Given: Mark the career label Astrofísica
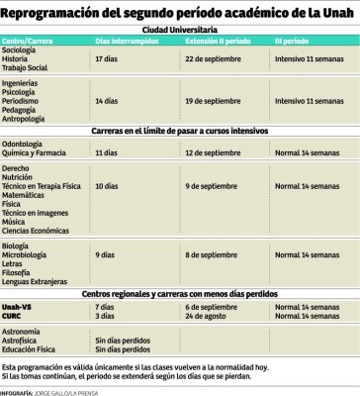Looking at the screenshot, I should (x=22, y=338).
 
